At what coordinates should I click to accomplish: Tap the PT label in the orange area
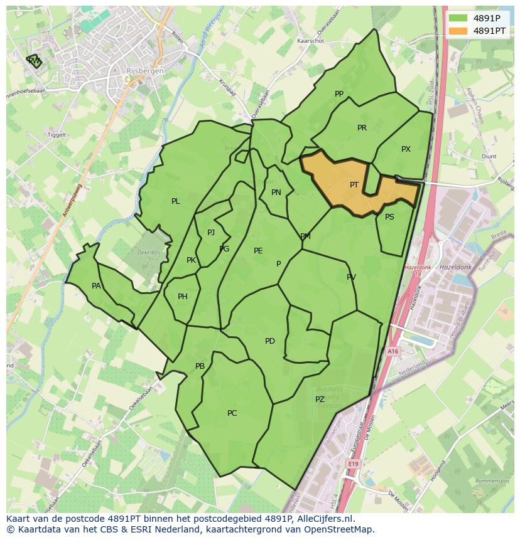pos(354,185)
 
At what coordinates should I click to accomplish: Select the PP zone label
pos(339,94)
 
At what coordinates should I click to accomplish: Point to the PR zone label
pos(362,128)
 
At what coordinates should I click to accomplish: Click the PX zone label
pos(406,149)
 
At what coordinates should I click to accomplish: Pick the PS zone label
pos(389,217)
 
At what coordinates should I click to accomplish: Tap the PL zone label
pos(176,201)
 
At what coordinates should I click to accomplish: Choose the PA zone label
pos(96,286)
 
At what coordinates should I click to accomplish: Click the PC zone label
pos(232,413)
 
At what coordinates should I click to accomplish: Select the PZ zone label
pos(320,400)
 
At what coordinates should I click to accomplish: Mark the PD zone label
pos(270,341)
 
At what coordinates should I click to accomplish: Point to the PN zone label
pos(276,193)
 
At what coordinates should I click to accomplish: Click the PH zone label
pos(183,297)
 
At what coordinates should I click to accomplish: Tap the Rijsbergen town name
pos(144,71)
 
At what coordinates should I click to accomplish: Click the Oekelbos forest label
pos(149,252)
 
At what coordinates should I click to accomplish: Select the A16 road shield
pos(393,352)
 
